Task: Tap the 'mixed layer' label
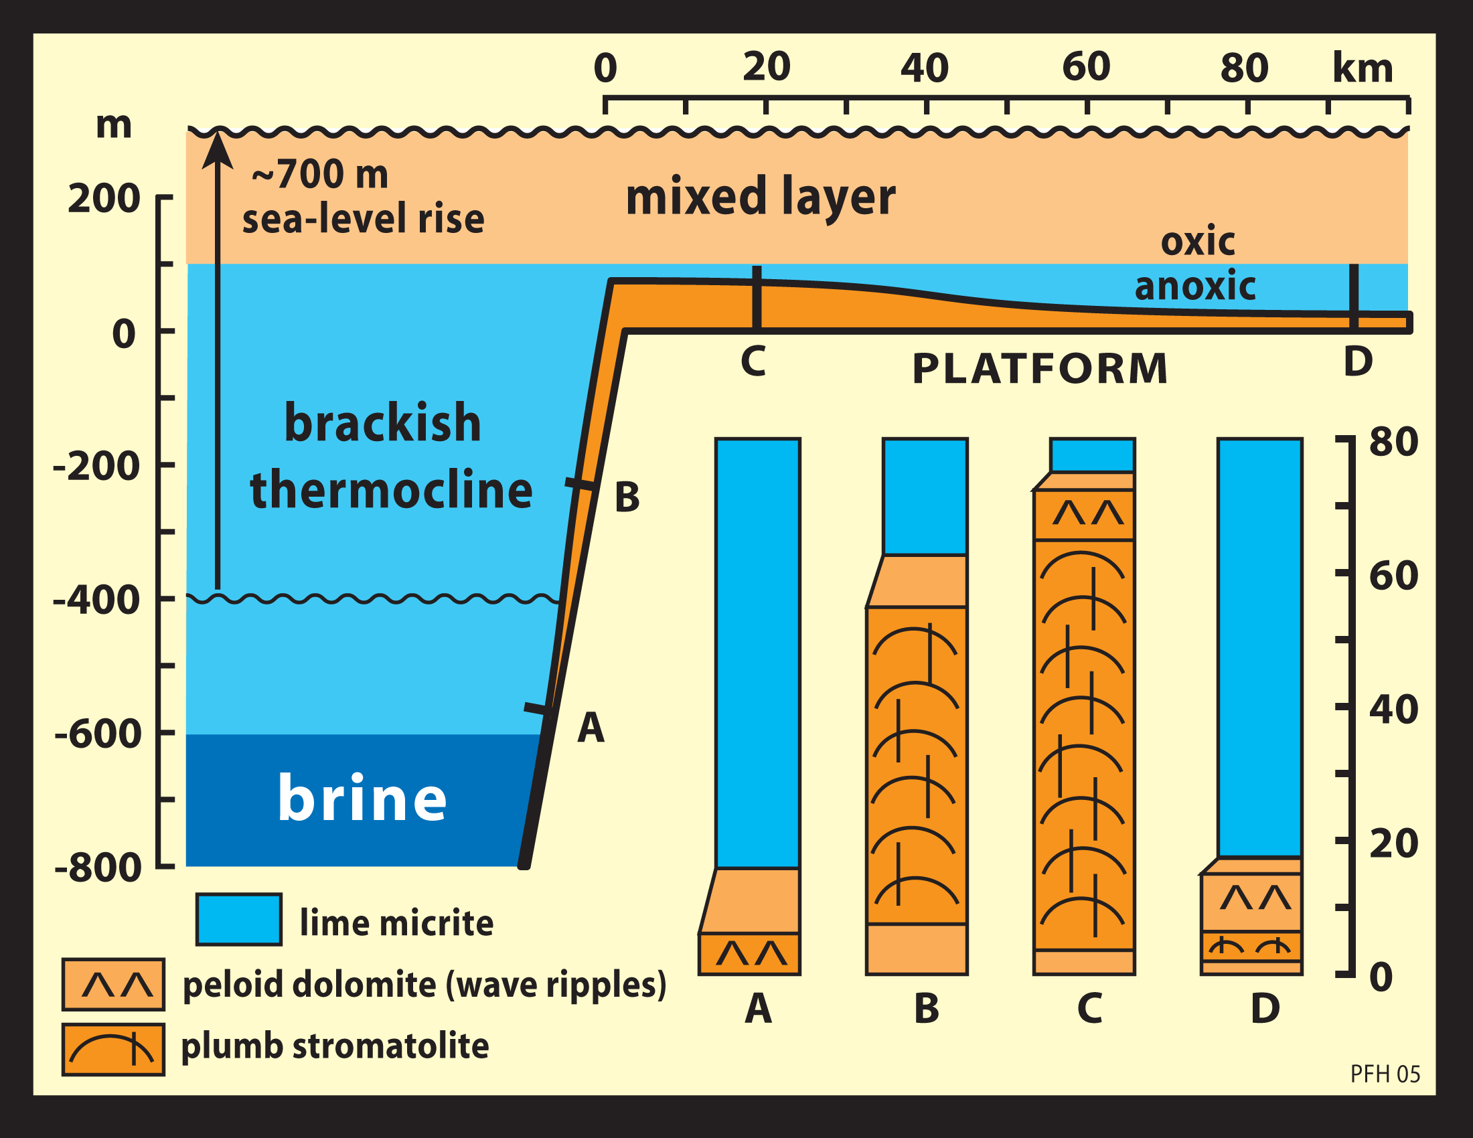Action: [x=760, y=196]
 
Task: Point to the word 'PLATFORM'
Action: [x=1039, y=370]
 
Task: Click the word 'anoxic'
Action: [x=1194, y=286]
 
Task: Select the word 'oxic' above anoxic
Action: [x=1198, y=242]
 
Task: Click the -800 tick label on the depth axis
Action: [x=98, y=868]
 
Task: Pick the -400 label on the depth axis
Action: [x=97, y=599]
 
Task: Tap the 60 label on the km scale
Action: [x=1086, y=67]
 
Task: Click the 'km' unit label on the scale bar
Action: [x=1363, y=68]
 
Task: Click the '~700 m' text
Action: [x=319, y=175]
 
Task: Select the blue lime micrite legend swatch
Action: [x=239, y=920]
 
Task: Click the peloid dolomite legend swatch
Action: [x=113, y=985]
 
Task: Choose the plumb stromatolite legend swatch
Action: [x=113, y=1050]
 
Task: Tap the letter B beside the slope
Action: [x=627, y=498]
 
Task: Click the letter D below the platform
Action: [x=1358, y=362]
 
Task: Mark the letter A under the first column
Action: [x=758, y=1009]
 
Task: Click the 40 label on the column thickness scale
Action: [x=1393, y=709]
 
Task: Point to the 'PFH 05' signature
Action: [x=1385, y=1074]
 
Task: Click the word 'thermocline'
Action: [x=391, y=490]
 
